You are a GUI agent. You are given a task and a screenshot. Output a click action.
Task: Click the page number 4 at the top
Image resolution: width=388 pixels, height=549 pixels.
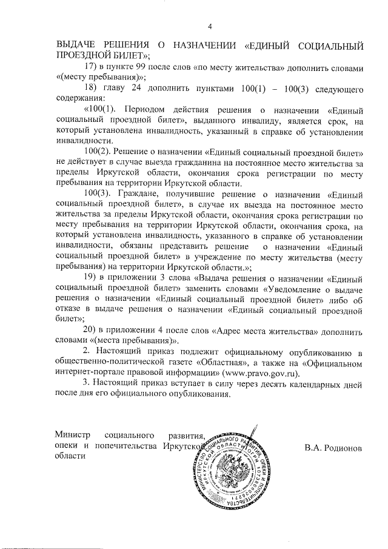click(x=210, y=25)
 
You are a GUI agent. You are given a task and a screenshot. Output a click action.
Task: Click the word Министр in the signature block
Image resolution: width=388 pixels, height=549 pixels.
click(x=72, y=435)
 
